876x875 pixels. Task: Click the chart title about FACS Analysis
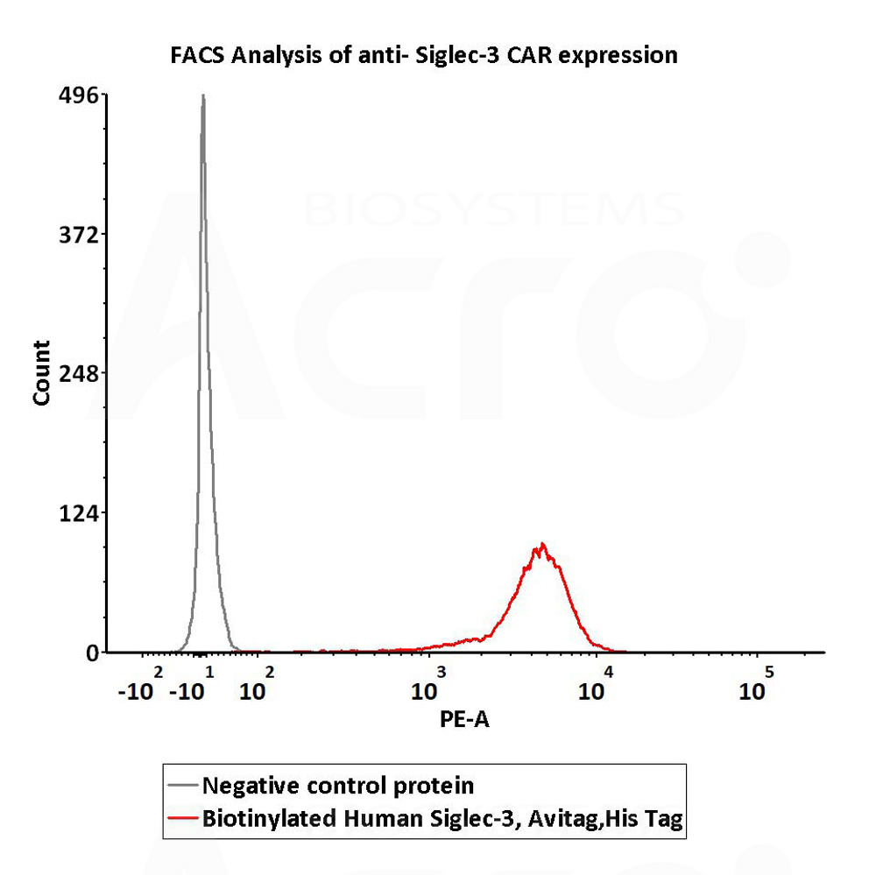(x=423, y=56)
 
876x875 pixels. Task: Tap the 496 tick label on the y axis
(x=78, y=96)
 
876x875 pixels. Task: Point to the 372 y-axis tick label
(x=78, y=236)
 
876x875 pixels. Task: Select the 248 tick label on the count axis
(x=78, y=374)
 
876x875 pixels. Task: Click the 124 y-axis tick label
(x=78, y=513)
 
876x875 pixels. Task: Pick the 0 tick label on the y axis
(x=92, y=653)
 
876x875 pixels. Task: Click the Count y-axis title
(x=42, y=373)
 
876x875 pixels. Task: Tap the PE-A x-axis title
(x=464, y=720)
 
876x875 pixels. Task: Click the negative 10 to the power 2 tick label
(x=141, y=684)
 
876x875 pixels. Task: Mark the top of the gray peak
(x=203, y=95)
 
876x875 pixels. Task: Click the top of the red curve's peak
(x=541, y=543)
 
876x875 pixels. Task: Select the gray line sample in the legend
(x=183, y=786)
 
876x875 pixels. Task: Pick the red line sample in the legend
(x=183, y=819)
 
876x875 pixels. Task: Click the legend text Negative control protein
(x=338, y=787)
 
